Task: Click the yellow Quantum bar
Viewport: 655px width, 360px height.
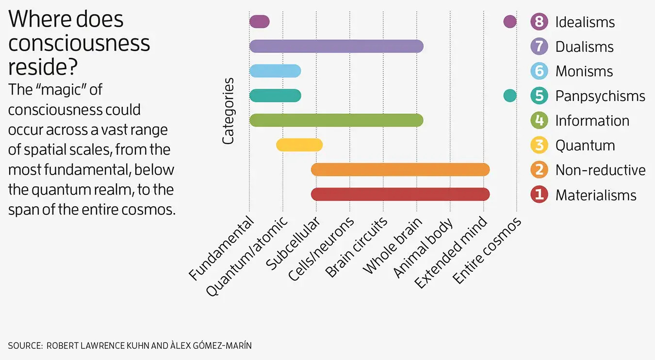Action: pyautogui.click(x=299, y=145)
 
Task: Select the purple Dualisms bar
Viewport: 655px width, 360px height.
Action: pyautogui.click(x=336, y=46)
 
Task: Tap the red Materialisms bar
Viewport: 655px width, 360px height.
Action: pyautogui.click(x=400, y=194)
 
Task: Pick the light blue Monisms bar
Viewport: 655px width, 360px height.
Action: pyautogui.click(x=275, y=71)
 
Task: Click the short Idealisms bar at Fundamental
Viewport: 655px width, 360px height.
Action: pyautogui.click(x=259, y=21)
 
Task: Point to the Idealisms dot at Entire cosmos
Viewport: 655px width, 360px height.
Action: pyautogui.click(x=509, y=21)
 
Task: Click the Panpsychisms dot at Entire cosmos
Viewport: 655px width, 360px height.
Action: pyautogui.click(x=509, y=96)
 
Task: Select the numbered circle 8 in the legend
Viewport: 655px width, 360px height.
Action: pyautogui.click(x=539, y=22)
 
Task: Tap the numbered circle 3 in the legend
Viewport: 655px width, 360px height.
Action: pyautogui.click(x=539, y=145)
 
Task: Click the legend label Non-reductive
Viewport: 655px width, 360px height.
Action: pyautogui.click(x=600, y=170)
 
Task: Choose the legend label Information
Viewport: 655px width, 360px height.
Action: pyautogui.click(x=592, y=120)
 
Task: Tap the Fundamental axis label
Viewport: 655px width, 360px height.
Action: pyautogui.click(x=222, y=248)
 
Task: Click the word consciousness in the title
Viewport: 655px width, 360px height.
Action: pyautogui.click(x=79, y=44)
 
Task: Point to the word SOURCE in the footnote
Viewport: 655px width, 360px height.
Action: pyautogui.click(x=23, y=346)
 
